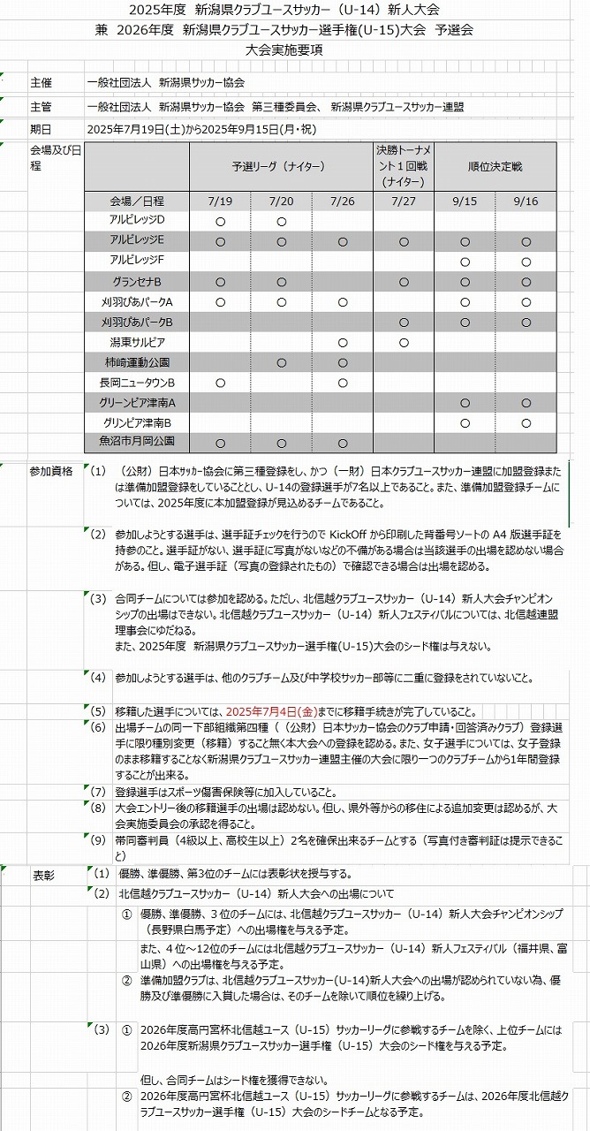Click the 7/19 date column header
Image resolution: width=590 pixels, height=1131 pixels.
click(x=220, y=201)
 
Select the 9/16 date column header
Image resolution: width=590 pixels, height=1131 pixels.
click(x=526, y=201)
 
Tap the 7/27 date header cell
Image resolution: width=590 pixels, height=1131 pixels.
click(x=404, y=201)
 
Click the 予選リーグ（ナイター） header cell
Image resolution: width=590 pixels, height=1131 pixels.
click(x=280, y=166)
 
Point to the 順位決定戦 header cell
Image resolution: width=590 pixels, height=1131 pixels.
click(x=495, y=166)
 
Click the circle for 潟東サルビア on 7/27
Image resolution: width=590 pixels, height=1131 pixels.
click(x=404, y=343)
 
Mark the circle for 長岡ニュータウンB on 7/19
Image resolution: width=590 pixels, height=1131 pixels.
click(x=220, y=383)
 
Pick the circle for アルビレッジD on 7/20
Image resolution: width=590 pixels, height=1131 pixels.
click(x=282, y=221)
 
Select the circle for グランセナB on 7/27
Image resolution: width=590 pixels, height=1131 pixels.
click(x=404, y=282)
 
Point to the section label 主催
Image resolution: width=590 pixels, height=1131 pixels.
click(x=41, y=82)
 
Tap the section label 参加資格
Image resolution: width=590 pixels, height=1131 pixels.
click(x=50, y=471)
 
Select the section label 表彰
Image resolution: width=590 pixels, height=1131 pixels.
click(x=44, y=875)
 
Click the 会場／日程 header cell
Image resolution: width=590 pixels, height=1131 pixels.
click(x=137, y=201)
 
